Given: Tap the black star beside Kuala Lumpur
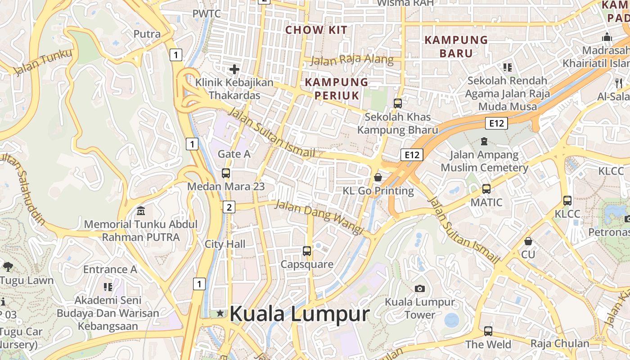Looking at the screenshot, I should click(220, 313).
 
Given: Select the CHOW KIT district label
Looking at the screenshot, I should click(316, 30).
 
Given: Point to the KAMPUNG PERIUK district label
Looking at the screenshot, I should click(337, 89).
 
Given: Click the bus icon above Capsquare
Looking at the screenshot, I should click(307, 251).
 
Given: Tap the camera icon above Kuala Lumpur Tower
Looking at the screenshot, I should click(420, 288).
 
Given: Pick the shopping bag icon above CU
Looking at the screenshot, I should click(528, 241).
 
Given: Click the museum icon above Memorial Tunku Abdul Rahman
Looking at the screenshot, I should click(141, 211).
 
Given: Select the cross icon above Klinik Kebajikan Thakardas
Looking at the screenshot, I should click(234, 69).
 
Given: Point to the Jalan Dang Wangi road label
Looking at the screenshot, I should click(319, 217).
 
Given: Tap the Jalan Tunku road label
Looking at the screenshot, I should click(43, 62).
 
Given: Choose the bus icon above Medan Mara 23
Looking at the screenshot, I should click(226, 173).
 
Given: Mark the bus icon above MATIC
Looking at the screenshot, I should click(486, 189).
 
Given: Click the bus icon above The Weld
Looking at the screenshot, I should click(488, 331).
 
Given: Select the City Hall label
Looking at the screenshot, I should click(225, 244).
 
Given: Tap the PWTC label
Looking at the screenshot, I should click(207, 13).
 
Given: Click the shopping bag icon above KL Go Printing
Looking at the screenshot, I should click(378, 177).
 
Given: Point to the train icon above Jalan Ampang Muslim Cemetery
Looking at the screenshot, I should click(484, 141).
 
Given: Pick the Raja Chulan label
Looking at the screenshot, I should click(559, 343).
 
